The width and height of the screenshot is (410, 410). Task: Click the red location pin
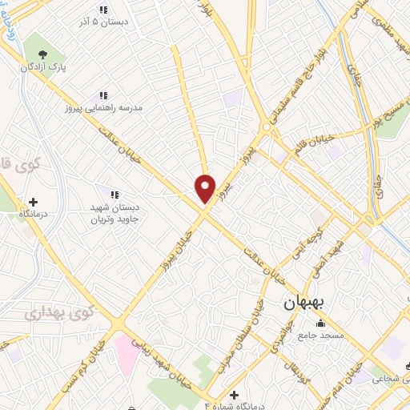[206, 188]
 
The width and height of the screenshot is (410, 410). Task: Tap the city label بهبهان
[302, 305]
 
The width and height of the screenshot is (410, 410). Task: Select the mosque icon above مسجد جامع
[321, 324]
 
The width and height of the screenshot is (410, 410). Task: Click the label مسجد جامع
[321, 336]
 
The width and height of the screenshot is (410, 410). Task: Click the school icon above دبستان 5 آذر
[102, 10]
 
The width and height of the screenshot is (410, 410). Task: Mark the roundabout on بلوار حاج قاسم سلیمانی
[265, 127]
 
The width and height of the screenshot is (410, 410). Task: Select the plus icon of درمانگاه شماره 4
[234, 396]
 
